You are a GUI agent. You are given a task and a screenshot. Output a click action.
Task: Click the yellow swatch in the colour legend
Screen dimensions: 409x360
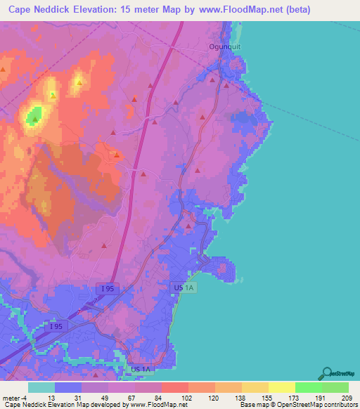(x=281, y=388)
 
